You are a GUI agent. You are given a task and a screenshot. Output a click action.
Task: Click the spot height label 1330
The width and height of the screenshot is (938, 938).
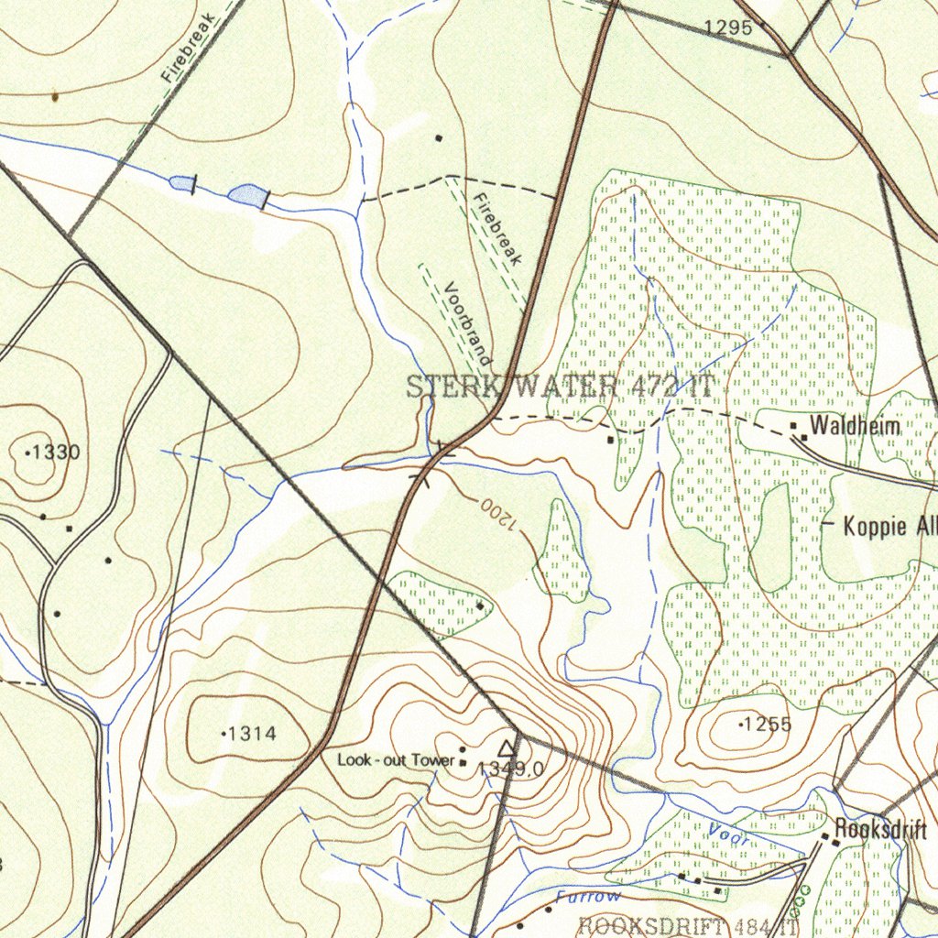[58, 452]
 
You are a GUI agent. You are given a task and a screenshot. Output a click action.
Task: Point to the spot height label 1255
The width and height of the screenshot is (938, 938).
[767, 725]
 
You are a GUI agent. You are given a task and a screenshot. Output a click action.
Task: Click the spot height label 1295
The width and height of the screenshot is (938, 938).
[728, 28]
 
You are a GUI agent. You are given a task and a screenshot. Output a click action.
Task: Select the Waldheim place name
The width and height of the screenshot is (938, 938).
[855, 426]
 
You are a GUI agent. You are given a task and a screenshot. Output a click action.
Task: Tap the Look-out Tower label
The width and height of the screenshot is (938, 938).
[396, 759]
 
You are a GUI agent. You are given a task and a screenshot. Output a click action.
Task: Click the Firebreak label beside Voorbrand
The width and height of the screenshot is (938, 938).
[497, 229]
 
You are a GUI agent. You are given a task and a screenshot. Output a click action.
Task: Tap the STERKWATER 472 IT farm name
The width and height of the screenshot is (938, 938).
[559, 387]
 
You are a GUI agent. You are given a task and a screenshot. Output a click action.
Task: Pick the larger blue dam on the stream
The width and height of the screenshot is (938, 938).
[247, 194]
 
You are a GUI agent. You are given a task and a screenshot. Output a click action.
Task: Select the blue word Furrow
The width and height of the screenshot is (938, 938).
[587, 897]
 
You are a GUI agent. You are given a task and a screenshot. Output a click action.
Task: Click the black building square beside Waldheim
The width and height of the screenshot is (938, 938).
[793, 426]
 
